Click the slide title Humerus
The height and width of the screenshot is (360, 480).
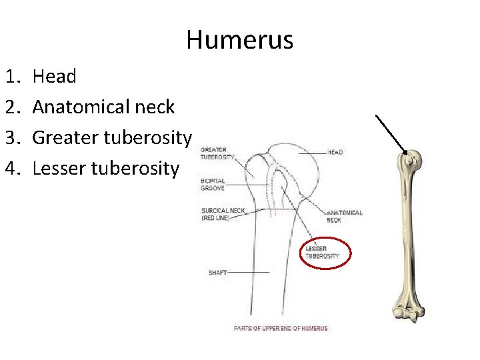(239, 40)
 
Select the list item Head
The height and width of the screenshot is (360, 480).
(54, 76)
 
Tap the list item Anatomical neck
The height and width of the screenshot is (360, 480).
(103, 107)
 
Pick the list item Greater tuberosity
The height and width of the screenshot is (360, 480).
(112, 137)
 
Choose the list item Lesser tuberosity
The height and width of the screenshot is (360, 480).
(105, 168)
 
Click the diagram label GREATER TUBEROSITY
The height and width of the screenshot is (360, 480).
(217, 153)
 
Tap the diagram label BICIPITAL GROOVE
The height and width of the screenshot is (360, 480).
(213, 184)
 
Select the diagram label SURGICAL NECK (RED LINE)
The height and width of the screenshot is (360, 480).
(223, 214)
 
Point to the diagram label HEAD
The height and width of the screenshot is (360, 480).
(335, 152)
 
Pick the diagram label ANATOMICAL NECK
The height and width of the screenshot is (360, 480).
(344, 216)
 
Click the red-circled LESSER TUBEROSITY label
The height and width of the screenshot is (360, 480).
(323, 253)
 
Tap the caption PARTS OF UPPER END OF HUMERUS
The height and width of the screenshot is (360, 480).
(281, 328)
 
